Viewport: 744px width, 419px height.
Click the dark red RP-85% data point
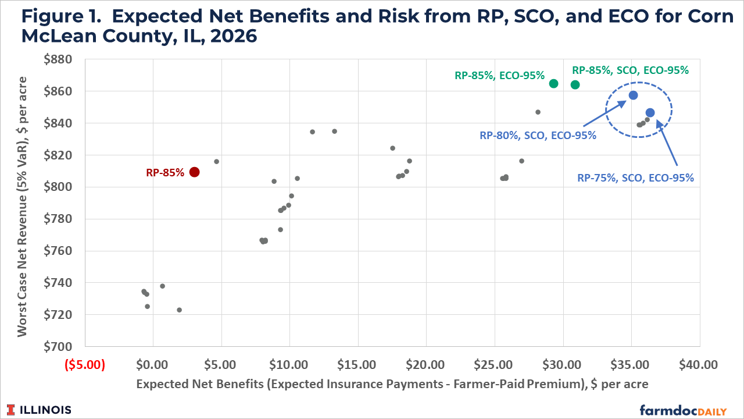(x=194, y=172)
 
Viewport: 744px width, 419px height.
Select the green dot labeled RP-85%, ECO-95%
(x=553, y=83)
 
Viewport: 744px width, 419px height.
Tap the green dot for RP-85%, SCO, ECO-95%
(x=575, y=85)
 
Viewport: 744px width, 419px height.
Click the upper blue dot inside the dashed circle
(x=633, y=95)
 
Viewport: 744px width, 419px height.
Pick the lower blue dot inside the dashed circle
(x=650, y=113)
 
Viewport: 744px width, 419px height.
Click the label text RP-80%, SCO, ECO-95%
(x=538, y=136)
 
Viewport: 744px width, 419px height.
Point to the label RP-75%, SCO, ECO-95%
(x=635, y=178)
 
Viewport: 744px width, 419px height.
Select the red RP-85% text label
(x=165, y=173)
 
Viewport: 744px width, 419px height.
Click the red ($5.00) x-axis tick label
(x=85, y=364)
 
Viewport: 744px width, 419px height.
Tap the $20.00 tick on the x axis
(x=425, y=365)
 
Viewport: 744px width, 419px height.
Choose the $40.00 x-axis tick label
(x=698, y=365)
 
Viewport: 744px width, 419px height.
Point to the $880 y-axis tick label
(x=58, y=59)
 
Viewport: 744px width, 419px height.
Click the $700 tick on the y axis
(x=58, y=346)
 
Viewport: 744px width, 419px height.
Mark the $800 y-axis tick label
(x=58, y=187)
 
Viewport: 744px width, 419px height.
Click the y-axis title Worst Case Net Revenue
(x=22, y=207)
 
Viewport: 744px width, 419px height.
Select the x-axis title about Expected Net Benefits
(x=392, y=384)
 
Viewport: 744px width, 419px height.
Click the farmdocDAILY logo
(x=683, y=410)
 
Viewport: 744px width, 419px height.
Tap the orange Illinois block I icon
(x=10, y=410)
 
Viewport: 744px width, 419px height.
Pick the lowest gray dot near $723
(x=180, y=310)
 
